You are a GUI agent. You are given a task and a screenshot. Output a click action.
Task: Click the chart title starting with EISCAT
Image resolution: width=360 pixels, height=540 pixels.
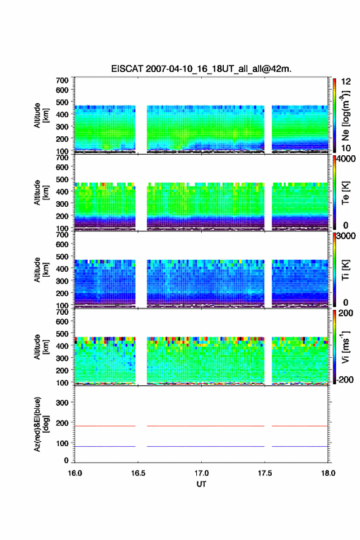pyautogui.click(x=201, y=69)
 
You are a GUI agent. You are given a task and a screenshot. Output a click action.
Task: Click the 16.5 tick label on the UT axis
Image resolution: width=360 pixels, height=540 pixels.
pyautogui.click(x=138, y=473)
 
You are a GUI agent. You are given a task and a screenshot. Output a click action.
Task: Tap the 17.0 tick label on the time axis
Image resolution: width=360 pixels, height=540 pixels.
pyautogui.click(x=201, y=473)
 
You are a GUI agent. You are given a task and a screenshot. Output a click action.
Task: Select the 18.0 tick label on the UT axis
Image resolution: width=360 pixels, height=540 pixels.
pyautogui.click(x=328, y=473)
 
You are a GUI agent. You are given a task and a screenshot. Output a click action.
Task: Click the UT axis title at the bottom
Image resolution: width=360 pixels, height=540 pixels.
pyautogui.click(x=201, y=484)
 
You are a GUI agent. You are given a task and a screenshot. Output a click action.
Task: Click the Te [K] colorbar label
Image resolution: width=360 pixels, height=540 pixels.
pyautogui.click(x=345, y=193)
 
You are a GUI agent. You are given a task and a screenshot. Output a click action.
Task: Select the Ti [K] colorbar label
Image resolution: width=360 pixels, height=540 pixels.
pyautogui.click(x=345, y=270)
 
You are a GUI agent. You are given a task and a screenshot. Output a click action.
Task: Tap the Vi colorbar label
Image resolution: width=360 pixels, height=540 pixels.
pyautogui.click(x=345, y=347)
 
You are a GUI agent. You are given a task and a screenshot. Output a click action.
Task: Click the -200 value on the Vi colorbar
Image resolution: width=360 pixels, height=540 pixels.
pyautogui.click(x=345, y=379)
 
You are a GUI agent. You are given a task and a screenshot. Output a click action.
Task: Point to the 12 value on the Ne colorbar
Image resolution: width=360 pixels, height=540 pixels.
pyautogui.click(x=347, y=82)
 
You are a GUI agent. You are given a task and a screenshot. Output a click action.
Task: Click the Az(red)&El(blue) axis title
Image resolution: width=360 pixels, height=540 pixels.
pyautogui.click(x=41, y=424)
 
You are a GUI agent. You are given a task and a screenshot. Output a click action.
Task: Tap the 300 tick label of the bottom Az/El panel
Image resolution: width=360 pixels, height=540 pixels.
pyautogui.click(x=62, y=403)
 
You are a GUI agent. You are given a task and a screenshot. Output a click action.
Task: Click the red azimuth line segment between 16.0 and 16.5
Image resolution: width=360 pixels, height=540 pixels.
pyautogui.click(x=105, y=426)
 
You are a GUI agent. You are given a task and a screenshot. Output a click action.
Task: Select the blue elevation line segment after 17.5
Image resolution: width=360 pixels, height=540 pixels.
pyautogui.click(x=300, y=446)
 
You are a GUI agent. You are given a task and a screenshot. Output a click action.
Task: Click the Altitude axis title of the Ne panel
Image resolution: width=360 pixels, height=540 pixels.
pyautogui.click(x=41, y=115)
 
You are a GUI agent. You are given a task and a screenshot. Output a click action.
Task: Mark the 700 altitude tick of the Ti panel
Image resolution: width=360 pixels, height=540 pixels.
pyautogui.click(x=62, y=235)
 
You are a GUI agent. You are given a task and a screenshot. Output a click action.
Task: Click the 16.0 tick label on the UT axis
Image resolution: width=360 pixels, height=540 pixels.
pyautogui.click(x=75, y=473)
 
